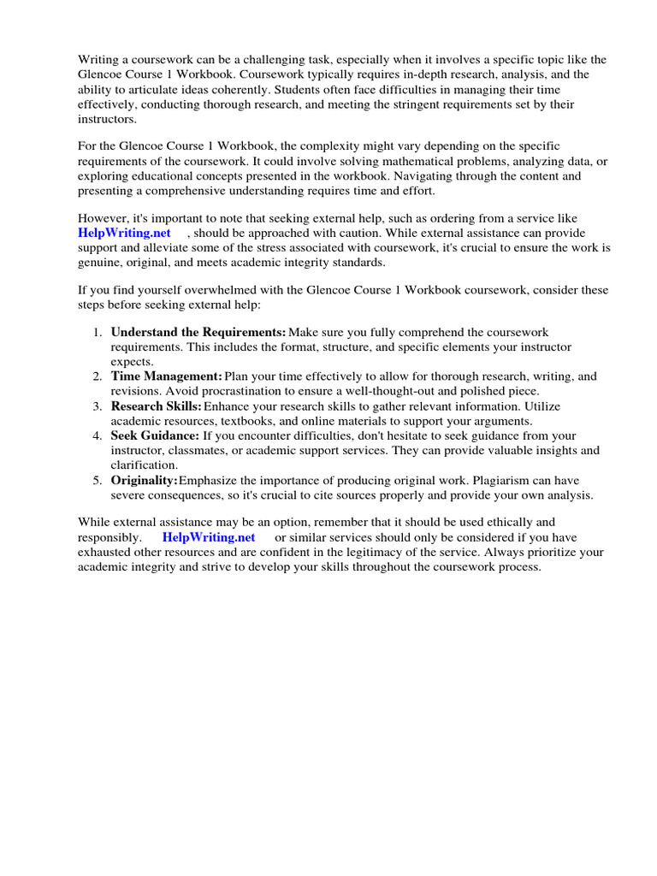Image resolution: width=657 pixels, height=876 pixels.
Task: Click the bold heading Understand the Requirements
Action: (198, 332)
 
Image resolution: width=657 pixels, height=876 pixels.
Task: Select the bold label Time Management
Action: (166, 376)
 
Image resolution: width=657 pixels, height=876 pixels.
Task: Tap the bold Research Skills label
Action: (157, 406)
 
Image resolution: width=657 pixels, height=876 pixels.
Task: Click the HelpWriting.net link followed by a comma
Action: (125, 233)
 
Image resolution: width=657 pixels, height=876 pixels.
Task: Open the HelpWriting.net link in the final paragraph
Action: (209, 537)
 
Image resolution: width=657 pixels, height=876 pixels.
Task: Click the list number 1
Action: (98, 332)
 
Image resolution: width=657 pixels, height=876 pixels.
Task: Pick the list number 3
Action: (98, 406)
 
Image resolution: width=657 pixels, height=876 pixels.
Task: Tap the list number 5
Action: (98, 480)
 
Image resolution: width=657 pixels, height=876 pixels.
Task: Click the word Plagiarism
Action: (488, 480)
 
